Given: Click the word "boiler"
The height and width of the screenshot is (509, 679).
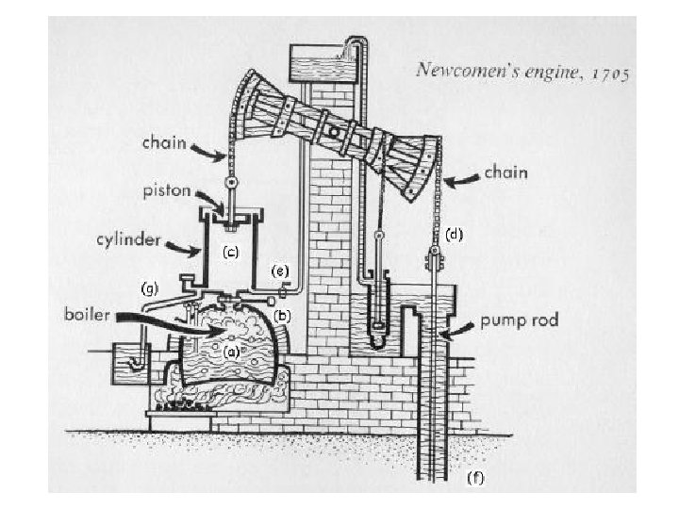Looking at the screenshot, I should pos(89,313).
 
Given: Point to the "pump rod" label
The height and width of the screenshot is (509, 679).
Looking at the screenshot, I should pos(518,320).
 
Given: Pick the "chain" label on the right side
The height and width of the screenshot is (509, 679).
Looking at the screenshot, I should pos(507,172).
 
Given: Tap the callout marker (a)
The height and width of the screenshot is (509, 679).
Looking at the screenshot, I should pos(229,352).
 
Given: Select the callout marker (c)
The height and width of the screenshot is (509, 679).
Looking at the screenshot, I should pos(230,253).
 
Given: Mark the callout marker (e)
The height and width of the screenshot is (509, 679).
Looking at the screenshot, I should pos(279,271).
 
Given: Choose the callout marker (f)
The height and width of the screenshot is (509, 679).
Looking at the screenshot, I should pos(476,477).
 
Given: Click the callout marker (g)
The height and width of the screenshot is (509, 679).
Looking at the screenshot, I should pos(149,285).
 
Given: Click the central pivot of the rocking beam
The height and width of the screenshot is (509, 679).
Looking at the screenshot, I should pos(333,124).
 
